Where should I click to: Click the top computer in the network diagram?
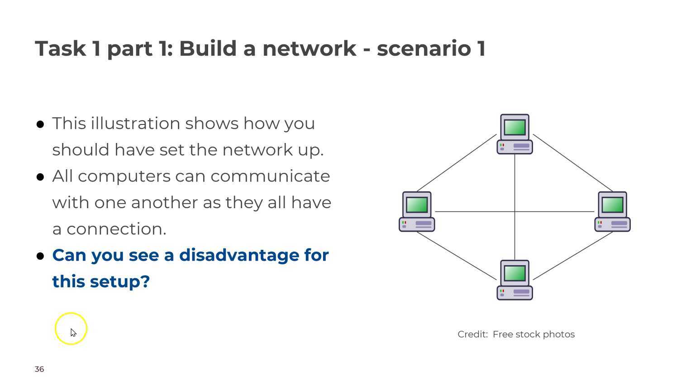click(x=514, y=134)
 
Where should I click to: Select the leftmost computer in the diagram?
click(x=417, y=212)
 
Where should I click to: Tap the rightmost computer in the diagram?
click(x=612, y=212)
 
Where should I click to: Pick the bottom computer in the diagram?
click(x=514, y=280)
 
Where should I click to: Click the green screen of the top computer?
click(x=514, y=127)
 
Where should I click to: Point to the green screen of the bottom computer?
click(x=514, y=273)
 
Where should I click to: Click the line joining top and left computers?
click(x=456, y=163)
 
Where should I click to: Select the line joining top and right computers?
click(x=573, y=163)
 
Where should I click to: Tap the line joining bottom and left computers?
click(x=456, y=256)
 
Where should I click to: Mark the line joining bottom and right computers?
click(x=573, y=256)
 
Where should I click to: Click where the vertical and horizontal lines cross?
click(x=514, y=211)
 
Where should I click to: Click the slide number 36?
click(x=39, y=369)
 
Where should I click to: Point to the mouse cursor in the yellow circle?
click(x=73, y=332)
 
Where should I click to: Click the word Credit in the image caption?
click(x=472, y=334)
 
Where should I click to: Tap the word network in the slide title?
click(x=309, y=48)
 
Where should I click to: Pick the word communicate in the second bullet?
click(x=270, y=176)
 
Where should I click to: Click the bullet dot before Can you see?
click(x=40, y=256)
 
